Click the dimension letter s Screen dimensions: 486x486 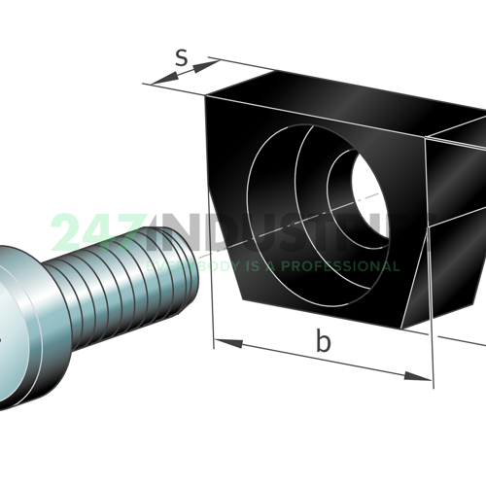coord(181,57)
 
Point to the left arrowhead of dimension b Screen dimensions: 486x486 coord(219,341)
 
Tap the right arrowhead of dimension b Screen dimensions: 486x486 coord(425,374)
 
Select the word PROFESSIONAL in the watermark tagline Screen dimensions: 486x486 coord(345,265)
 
